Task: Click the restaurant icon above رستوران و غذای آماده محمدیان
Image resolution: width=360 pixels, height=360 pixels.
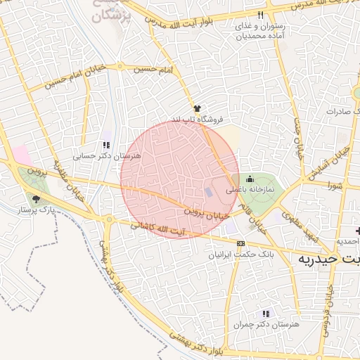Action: [x=261, y=15]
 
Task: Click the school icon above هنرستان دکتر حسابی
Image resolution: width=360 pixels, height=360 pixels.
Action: [x=105, y=144]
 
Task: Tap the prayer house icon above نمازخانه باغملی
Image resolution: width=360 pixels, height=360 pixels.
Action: [x=249, y=179]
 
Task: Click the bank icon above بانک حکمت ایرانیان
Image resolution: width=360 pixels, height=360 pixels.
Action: [x=241, y=243]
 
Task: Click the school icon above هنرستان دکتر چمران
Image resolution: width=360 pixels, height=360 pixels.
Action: [x=265, y=314]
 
